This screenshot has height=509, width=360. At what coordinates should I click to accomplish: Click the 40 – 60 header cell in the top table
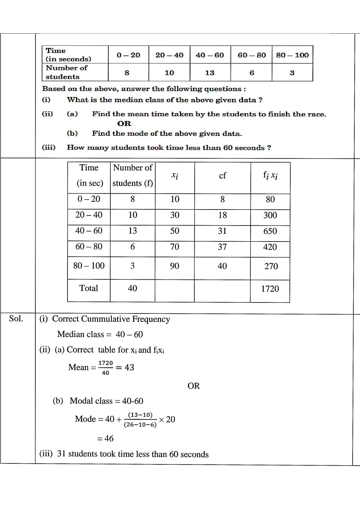click(210, 55)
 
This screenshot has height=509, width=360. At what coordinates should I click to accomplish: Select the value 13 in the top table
click(210, 73)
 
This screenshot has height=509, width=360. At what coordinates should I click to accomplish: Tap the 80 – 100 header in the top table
click(292, 55)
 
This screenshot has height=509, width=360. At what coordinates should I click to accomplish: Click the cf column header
click(222, 176)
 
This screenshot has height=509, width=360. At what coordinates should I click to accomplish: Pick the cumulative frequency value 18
click(222, 215)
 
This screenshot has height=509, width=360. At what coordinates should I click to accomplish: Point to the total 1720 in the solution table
click(270, 289)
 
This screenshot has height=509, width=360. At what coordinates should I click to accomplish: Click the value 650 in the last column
click(270, 231)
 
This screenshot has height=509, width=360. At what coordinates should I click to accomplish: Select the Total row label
click(89, 288)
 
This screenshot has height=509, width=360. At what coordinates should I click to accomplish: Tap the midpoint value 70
click(175, 247)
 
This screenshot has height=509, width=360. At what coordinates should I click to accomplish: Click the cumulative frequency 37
click(222, 247)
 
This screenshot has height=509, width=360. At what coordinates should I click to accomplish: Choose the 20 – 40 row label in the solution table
click(89, 215)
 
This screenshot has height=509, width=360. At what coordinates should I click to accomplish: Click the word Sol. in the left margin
click(16, 319)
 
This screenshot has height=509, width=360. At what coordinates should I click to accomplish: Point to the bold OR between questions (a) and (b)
click(124, 124)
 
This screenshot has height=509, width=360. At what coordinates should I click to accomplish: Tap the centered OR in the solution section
click(194, 386)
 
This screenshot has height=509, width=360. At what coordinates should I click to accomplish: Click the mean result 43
click(129, 367)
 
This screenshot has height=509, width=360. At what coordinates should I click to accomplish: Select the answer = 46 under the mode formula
click(105, 439)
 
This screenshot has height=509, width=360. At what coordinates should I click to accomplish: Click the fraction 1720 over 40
click(105, 368)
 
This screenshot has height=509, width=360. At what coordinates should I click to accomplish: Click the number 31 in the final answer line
click(61, 454)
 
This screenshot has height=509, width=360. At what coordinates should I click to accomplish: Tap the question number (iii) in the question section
click(49, 147)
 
